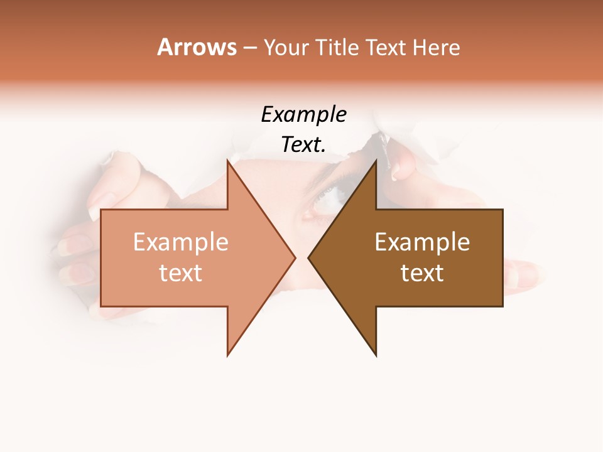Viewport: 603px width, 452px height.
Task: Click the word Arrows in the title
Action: [x=197, y=47]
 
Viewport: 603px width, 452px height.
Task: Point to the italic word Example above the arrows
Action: [x=303, y=115]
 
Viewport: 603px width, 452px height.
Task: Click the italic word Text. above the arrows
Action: [x=303, y=145]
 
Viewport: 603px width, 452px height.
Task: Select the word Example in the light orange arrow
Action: [x=181, y=242]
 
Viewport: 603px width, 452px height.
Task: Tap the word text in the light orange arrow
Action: [x=181, y=273]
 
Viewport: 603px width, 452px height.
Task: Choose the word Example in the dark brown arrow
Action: [x=422, y=242]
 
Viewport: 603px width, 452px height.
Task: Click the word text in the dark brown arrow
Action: [x=422, y=273]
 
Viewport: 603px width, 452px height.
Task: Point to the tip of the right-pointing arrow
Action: [x=295, y=257]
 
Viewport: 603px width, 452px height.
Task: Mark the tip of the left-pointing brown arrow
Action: [x=308, y=257]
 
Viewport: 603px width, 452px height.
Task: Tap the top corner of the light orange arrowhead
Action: [x=227, y=160]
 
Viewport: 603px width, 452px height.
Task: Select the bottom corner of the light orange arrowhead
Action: [x=227, y=355]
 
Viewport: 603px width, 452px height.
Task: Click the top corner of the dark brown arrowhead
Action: [x=376, y=160]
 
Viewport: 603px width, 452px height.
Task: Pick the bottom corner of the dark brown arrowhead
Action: [x=376, y=355]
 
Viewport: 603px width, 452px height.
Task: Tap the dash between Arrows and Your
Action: [x=249, y=48]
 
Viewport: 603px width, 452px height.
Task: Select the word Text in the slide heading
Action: [x=385, y=47]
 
